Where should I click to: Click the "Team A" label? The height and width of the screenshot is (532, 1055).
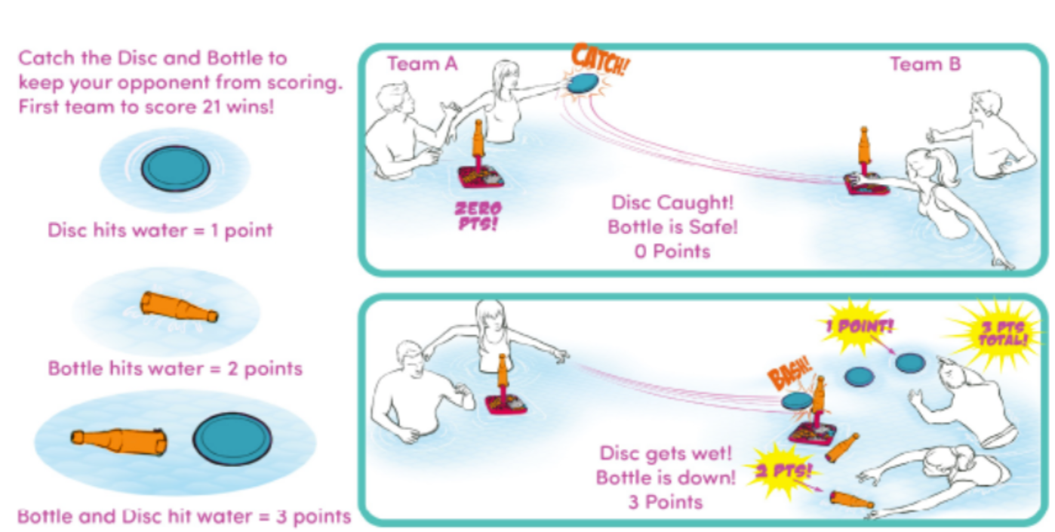click(x=422, y=65)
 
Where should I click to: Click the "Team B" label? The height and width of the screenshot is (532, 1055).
click(x=925, y=65)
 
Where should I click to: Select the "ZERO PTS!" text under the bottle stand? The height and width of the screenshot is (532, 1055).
click(x=477, y=215)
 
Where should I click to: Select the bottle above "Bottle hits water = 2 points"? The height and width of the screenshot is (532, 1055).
click(x=179, y=307)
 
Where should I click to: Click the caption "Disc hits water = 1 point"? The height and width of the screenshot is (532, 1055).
click(x=160, y=230)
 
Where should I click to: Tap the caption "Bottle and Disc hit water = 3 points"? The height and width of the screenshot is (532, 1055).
click(x=184, y=517)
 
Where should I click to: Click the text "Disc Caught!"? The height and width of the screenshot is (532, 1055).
click(x=672, y=203)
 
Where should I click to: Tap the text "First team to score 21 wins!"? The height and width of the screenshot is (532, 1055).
click(x=146, y=106)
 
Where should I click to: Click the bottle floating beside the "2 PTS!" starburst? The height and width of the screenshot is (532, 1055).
click(x=851, y=499)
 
